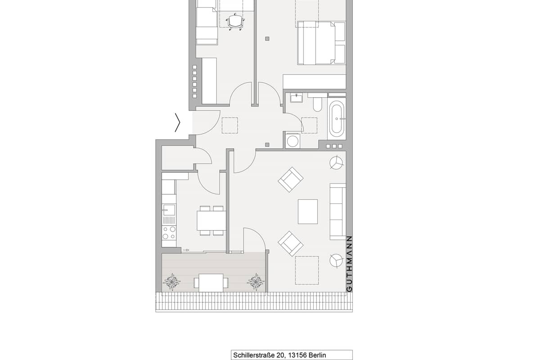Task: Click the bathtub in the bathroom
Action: tap(337, 119)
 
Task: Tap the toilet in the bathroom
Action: tap(318, 103)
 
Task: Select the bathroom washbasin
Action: tap(296, 98)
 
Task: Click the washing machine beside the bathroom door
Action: tap(292, 141)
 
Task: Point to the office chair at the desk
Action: tap(235, 22)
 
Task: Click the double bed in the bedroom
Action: tap(321, 43)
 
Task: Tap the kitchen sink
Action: tap(169, 210)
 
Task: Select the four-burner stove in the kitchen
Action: tap(169, 233)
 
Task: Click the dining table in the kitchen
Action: tap(211, 220)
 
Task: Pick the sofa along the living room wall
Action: tap(338, 211)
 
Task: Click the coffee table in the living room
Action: tap(308, 211)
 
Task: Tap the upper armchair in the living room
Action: tap(291, 180)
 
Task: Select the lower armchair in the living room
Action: tap(291, 243)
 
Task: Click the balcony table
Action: tap(211, 283)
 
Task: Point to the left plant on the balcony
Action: tap(171, 281)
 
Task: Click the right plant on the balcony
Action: tap(256, 281)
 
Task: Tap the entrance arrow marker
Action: tap(178, 122)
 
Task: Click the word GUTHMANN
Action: tap(349, 264)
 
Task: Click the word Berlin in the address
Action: tap(317, 355)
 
